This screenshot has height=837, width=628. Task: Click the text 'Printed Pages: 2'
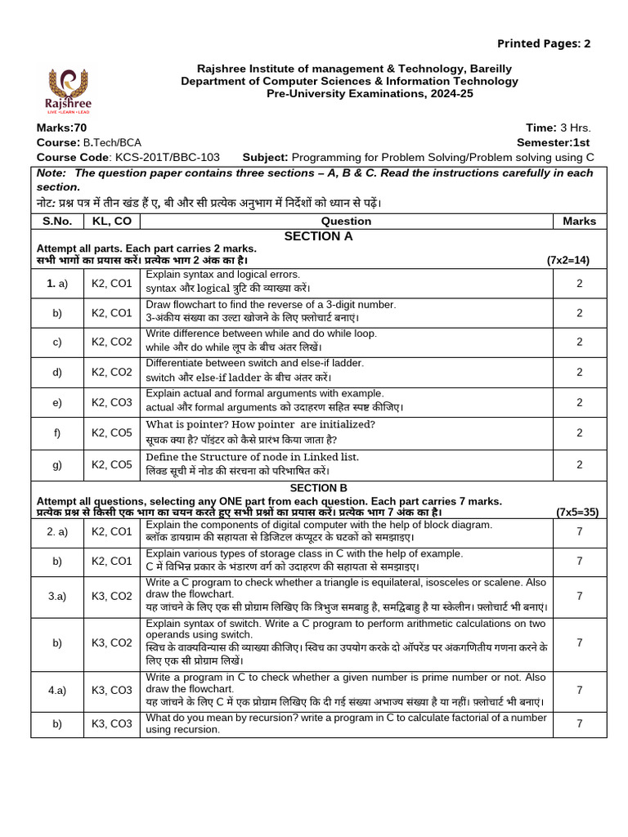pyautogui.click(x=544, y=43)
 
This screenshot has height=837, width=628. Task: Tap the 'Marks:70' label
pyautogui.click(x=61, y=128)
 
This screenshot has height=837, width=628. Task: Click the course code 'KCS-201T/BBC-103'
pyautogui.click(x=173, y=157)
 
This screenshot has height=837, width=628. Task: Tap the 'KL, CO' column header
pyautogui.click(x=111, y=221)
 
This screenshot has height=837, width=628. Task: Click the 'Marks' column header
pyautogui.click(x=579, y=221)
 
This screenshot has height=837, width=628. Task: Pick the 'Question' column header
pyautogui.click(x=346, y=221)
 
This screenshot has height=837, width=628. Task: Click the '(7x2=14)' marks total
pyautogui.click(x=567, y=260)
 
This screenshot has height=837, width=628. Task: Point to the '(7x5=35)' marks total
pyautogui.click(x=577, y=512)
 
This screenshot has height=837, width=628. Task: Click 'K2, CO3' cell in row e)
pyautogui.click(x=111, y=402)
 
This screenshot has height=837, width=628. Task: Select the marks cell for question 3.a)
pyautogui.click(x=579, y=597)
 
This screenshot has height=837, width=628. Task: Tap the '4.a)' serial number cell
pyautogui.click(x=57, y=690)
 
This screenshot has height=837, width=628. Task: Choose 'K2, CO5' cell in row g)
pyautogui.click(x=111, y=464)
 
